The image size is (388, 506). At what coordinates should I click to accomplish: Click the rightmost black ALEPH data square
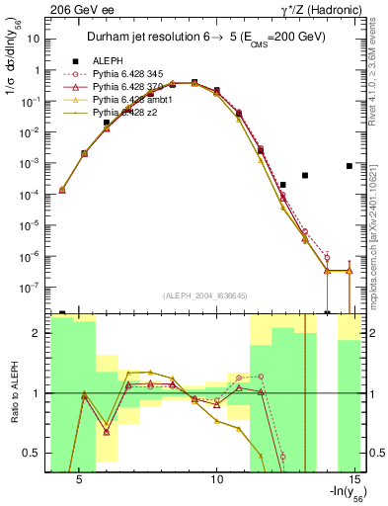tap(349, 166)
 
